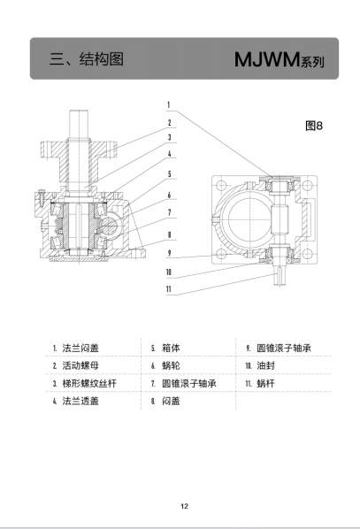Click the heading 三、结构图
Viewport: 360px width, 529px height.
[87, 59]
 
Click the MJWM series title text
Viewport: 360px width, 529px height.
[280, 60]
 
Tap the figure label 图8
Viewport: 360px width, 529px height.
[314, 126]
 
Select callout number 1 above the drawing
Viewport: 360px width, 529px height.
[169, 105]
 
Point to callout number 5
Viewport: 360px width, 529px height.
[170, 174]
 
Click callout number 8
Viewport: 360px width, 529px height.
[169, 234]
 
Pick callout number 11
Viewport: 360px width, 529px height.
[169, 289]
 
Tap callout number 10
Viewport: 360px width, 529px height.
[169, 272]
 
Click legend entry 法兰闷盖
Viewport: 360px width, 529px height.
[80, 349]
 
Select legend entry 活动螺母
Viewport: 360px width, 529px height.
[80, 365]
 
